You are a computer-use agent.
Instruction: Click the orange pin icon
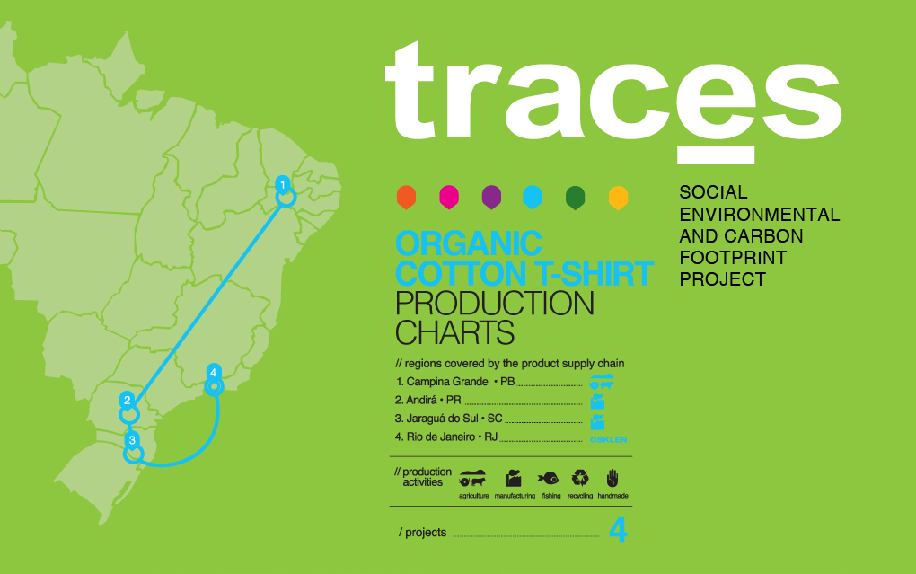click(x=406, y=198)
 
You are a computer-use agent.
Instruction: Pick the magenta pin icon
click(x=449, y=198)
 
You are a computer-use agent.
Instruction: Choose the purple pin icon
click(x=491, y=198)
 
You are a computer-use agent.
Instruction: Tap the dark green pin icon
click(x=576, y=198)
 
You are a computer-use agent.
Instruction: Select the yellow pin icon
click(x=618, y=198)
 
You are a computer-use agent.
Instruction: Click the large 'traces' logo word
click(x=613, y=93)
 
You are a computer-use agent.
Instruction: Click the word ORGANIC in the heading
click(x=469, y=243)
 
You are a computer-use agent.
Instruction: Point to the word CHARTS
click(x=454, y=332)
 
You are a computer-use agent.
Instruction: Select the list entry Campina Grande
click(x=447, y=382)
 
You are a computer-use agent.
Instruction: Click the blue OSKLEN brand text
click(x=608, y=439)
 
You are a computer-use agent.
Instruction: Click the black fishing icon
click(x=549, y=479)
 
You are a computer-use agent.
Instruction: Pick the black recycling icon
click(x=580, y=479)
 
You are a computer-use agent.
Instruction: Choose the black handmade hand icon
click(x=612, y=478)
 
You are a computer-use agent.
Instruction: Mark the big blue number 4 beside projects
click(x=618, y=530)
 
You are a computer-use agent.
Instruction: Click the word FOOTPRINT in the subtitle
click(x=733, y=258)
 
